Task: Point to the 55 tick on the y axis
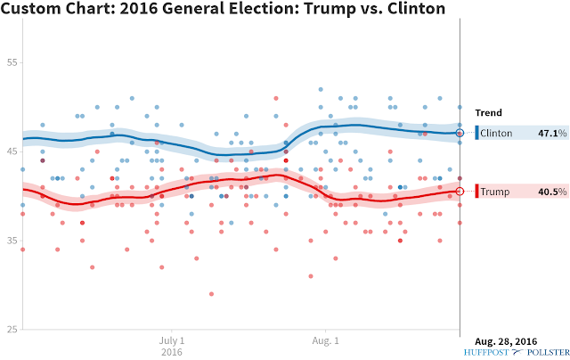click(12, 62)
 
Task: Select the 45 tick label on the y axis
click(12, 151)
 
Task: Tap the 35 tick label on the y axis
click(12, 241)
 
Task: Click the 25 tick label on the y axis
click(12, 330)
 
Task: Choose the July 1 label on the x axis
click(172, 341)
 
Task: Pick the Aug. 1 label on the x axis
click(325, 341)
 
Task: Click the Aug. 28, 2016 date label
click(506, 341)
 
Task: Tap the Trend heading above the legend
click(489, 113)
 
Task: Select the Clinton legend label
click(496, 133)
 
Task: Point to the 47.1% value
click(552, 133)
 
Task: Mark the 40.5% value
click(552, 192)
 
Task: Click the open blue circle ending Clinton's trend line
click(460, 129)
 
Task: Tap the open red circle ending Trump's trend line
click(460, 187)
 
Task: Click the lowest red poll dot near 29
click(212, 294)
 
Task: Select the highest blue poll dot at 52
click(321, 89)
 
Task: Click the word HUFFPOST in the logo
click(486, 352)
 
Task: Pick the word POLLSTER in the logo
click(549, 352)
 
